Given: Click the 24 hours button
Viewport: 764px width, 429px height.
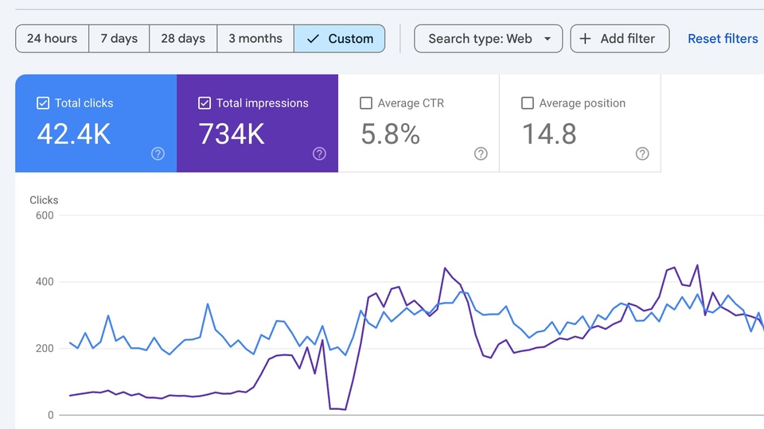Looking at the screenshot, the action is (53, 38).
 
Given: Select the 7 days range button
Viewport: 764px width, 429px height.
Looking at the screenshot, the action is (119, 38).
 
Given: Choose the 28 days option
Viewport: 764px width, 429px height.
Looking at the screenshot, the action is (183, 38).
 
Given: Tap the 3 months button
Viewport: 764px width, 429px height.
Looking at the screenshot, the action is (255, 38).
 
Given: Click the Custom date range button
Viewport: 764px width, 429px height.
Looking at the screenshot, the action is (340, 38).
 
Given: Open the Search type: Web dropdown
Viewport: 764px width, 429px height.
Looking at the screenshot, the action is (488, 38).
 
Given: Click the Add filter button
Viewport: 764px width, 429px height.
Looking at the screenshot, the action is (620, 38).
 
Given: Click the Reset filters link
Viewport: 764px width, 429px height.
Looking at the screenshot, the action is (723, 38).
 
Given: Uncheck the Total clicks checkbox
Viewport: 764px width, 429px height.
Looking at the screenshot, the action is (43, 103).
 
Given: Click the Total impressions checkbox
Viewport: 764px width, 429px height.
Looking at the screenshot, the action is (205, 103).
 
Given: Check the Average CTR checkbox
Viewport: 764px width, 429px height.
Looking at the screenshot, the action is (366, 103).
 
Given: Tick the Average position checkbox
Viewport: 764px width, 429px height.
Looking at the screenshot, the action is (527, 103).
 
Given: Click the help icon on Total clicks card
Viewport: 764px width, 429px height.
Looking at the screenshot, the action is (158, 153).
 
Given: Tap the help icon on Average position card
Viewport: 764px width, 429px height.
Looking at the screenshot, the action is (642, 153).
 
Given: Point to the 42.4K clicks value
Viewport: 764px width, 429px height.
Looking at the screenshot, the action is (74, 133).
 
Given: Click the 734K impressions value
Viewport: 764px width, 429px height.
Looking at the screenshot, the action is (232, 133).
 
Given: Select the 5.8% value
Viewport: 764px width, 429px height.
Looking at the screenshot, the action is (390, 133).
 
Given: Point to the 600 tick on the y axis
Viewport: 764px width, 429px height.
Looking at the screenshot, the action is (45, 215).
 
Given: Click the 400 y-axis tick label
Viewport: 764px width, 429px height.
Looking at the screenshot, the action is (45, 281).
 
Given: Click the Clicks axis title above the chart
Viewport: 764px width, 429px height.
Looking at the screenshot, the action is (44, 200).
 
